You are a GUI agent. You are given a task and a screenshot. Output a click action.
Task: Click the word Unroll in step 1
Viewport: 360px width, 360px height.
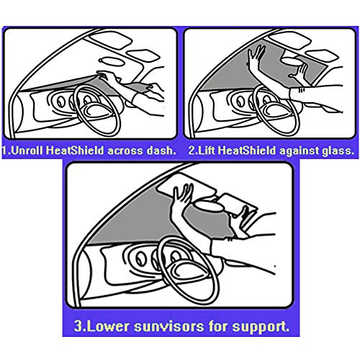(27, 150)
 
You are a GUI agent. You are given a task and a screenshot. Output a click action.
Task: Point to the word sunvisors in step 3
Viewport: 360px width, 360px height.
(169, 326)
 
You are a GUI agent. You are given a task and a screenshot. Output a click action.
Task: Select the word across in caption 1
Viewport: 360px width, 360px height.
(125, 151)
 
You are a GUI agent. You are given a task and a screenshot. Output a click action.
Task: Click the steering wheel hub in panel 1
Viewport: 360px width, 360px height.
(96, 110)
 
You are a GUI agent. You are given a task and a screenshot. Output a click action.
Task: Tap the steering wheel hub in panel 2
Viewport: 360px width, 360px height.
(276, 110)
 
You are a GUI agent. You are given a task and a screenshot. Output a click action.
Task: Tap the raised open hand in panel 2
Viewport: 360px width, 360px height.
(256, 57)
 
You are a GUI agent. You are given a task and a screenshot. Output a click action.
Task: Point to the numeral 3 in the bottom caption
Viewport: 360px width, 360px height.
(78, 326)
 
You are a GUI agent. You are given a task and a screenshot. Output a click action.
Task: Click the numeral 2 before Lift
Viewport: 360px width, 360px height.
(192, 150)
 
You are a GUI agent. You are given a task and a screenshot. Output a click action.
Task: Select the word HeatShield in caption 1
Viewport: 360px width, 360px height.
(75, 150)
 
